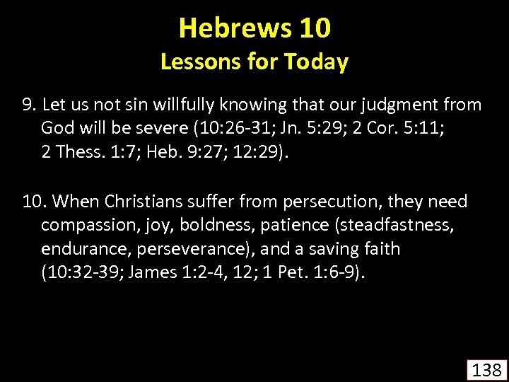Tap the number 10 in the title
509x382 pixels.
(x=315, y=28)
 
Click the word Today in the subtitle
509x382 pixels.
(x=316, y=62)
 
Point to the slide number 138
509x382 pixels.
(x=486, y=369)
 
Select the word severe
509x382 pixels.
(x=156, y=128)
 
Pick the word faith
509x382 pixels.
(x=381, y=249)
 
